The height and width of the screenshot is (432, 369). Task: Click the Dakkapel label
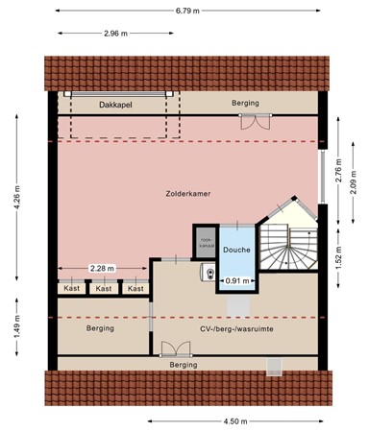pos(115,103)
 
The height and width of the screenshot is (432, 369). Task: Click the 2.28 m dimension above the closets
pos(103,269)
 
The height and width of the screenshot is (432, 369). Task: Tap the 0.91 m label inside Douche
pos(234,281)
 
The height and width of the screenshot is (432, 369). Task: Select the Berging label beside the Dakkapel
pos(245,103)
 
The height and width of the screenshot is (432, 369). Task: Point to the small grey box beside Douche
pos(205,243)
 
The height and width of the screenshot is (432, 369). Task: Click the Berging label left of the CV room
pos(101,328)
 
